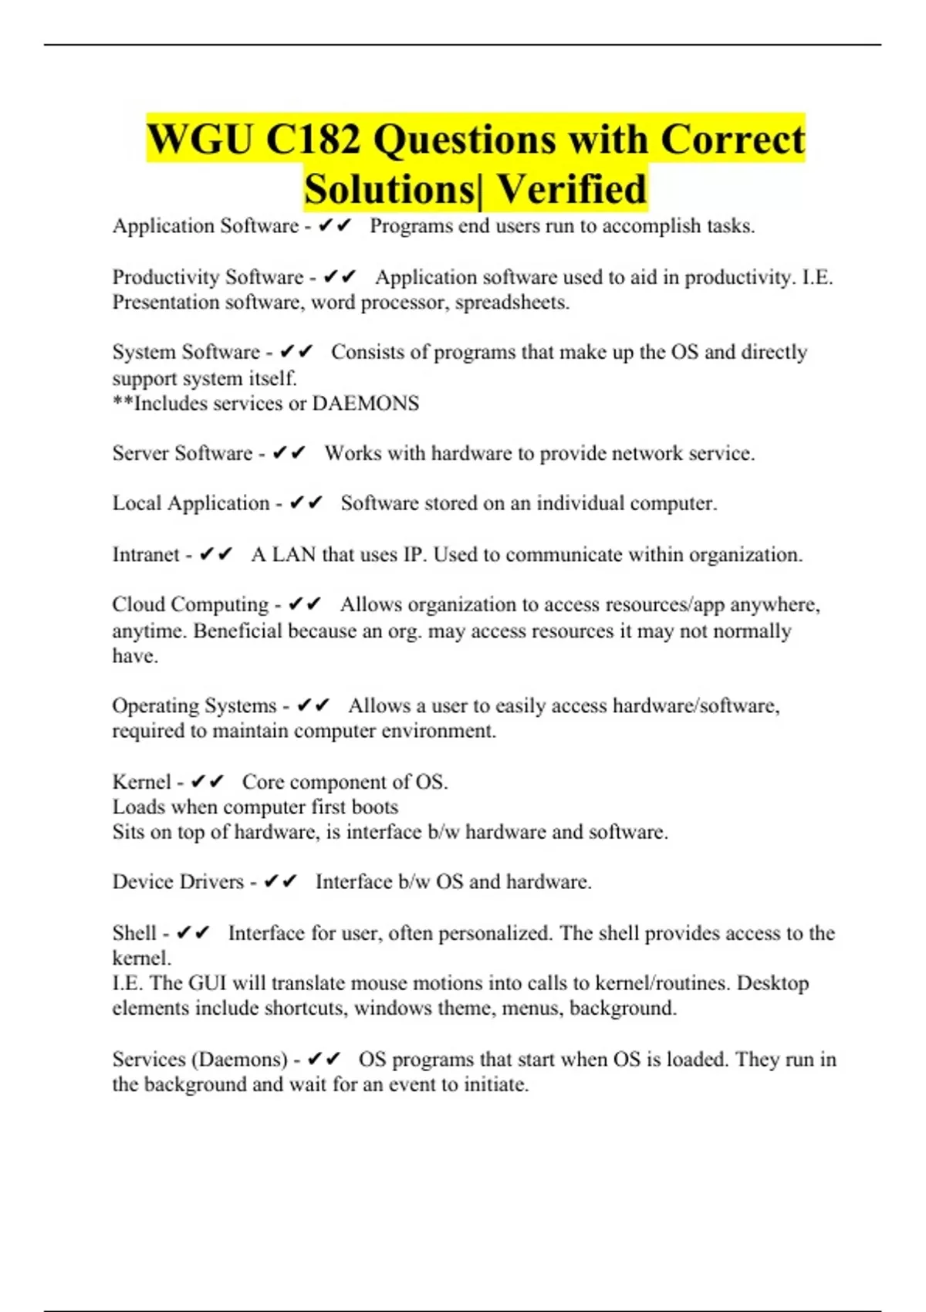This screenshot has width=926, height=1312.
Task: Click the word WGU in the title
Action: [x=199, y=140]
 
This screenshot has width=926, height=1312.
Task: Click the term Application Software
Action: [x=205, y=226]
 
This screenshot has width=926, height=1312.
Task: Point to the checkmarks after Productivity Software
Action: [x=340, y=277]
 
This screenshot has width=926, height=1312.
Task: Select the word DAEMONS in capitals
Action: [x=365, y=404]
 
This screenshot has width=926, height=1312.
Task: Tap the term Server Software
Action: [x=182, y=453]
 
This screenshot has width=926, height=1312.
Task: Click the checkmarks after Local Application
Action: [x=306, y=503]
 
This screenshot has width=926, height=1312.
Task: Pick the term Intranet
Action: [x=146, y=555]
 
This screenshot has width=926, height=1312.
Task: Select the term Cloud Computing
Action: [x=191, y=604]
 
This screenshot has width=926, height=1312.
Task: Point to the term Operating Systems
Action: [x=194, y=706]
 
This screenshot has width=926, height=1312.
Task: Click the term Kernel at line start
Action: [x=141, y=782]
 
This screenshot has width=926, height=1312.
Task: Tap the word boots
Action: [x=375, y=807]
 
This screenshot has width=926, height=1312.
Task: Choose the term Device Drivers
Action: [x=177, y=882]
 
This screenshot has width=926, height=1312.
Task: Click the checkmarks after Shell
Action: [x=193, y=933]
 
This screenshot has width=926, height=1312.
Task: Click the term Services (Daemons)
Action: [x=200, y=1060]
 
